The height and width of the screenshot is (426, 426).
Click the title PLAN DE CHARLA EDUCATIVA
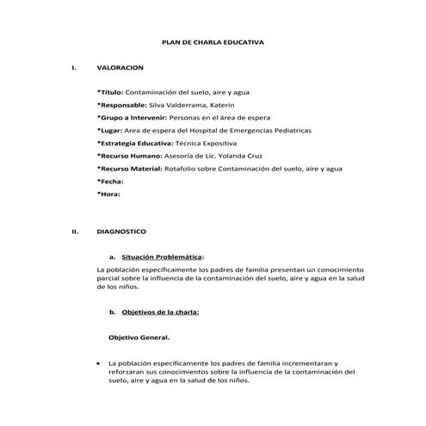pos(213,41)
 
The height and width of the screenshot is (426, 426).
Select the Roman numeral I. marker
pos(75,66)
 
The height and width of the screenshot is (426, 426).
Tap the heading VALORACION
pos(120,66)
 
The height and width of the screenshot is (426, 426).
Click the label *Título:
pos(111,90)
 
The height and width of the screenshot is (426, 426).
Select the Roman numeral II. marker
pos(75,232)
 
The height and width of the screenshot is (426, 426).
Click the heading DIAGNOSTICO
pos(121,232)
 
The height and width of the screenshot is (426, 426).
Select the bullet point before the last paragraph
pos(100,364)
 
